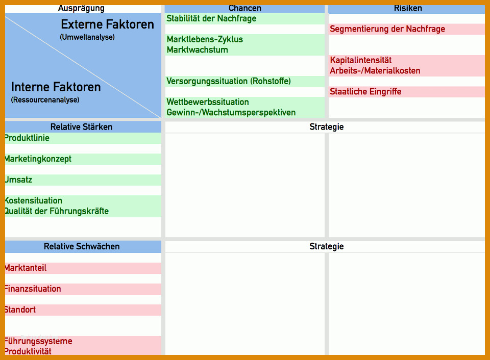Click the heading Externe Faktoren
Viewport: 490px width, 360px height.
108,24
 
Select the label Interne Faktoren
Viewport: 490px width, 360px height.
56,87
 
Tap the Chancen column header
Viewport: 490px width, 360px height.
244,9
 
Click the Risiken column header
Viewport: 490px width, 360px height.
408,9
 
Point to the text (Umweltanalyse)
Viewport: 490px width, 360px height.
87,37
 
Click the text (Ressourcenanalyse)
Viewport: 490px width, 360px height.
45,100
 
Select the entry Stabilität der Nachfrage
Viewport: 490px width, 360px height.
211,19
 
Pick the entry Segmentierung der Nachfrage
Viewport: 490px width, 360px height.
387,29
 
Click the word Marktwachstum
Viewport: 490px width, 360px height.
197,50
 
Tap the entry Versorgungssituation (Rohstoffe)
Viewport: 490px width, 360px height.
229,81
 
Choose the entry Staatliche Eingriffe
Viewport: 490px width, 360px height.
365,92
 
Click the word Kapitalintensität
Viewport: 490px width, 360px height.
361,60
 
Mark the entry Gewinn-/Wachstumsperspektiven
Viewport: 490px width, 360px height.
231,112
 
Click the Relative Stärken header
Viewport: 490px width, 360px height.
81,127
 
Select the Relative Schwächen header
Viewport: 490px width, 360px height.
82,246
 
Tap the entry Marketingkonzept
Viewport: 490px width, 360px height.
38,159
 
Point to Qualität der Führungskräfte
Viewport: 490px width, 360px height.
57,211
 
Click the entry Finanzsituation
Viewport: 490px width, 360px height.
33,289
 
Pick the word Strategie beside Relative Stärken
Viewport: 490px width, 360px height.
327,127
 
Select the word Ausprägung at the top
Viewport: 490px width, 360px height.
81,9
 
